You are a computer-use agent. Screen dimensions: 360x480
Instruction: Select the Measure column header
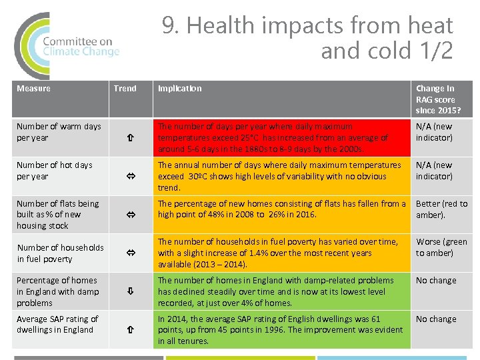(x=33, y=89)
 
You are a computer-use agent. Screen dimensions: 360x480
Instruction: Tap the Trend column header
(x=125, y=89)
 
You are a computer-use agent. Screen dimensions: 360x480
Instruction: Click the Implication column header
(x=179, y=89)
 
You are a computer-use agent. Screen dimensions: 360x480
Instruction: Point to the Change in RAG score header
(x=437, y=99)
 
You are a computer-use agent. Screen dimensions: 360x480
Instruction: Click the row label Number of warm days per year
(x=59, y=132)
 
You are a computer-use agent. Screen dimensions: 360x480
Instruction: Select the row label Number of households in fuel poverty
(x=60, y=253)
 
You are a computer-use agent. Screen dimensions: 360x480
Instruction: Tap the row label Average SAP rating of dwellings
(x=57, y=325)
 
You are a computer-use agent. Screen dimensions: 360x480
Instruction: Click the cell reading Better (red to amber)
(x=441, y=209)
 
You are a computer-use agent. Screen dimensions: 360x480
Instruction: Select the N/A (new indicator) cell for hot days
(x=434, y=171)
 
